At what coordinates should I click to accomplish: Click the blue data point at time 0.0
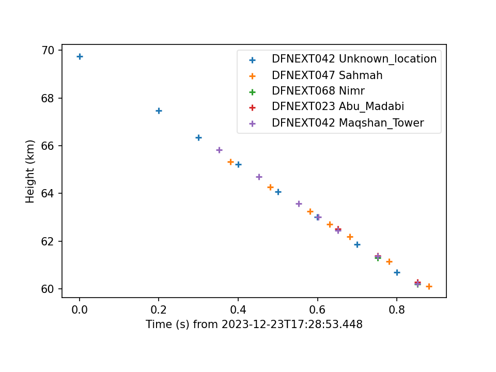tap(80, 57)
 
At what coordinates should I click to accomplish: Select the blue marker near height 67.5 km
tap(159, 111)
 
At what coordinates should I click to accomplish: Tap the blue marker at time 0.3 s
tap(198, 137)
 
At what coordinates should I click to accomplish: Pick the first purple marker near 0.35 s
tap(219, 150)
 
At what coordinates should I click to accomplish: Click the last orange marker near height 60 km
tap(429, 287)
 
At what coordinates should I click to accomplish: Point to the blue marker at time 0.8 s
tap(397, 273)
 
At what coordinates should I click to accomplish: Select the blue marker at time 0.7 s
tap(357, 244)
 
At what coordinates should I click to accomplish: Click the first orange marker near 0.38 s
tap(230, 162)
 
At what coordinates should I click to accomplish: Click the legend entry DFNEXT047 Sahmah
tap(327, 75)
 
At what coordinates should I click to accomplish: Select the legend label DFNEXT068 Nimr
tap(318, 91)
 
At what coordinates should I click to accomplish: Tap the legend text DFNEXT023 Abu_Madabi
tap(338, 106)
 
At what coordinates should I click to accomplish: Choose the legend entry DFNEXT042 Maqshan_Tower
tap(348, 123)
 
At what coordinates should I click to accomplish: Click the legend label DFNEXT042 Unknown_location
tap(354, 59)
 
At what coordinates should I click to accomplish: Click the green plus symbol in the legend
tap(252, 92)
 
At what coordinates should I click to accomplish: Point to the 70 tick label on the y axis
tap(48, 51)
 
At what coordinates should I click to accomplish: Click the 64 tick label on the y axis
tap(48, 193)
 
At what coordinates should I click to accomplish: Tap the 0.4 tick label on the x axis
tap(238, 309)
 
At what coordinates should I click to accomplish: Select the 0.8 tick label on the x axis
tap(397, 309)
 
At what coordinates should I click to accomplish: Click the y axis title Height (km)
tap(30, 171)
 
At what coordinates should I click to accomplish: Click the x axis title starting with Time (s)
tap(254, 324)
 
